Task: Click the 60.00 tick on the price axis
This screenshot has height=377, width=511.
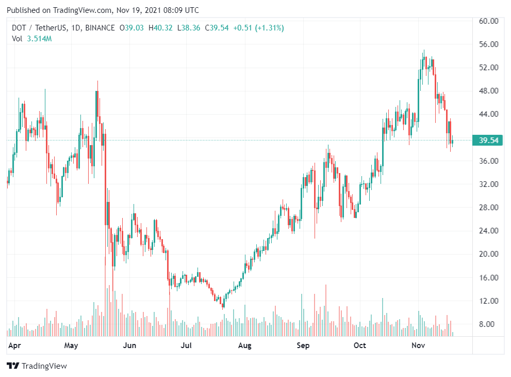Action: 488,21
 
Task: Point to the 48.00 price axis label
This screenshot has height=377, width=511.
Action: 488,91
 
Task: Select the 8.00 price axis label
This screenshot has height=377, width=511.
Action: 488,324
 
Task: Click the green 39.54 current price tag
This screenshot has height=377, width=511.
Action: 488,140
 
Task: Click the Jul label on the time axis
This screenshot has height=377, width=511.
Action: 186,345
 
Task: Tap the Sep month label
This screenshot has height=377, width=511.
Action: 303,345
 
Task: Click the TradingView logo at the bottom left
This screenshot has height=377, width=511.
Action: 37,366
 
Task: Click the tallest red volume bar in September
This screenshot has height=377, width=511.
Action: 326,310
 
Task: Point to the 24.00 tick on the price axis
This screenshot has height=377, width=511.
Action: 488,231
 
